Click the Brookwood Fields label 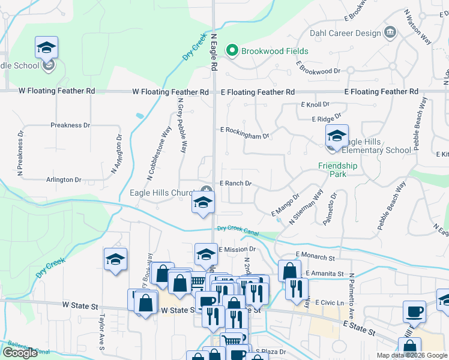point(275,51)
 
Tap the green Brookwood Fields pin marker point(233,51)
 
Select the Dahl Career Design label point(345,33)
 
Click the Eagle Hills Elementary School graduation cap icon point(337,136)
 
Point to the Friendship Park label point(338,170)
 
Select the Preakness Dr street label point(70,125)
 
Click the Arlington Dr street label point(64,179)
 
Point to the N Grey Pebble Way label point(181,128)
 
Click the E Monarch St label point(315,257)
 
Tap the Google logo point(20,353)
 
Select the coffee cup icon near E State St point(414,312)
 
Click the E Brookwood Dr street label point(318,71)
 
